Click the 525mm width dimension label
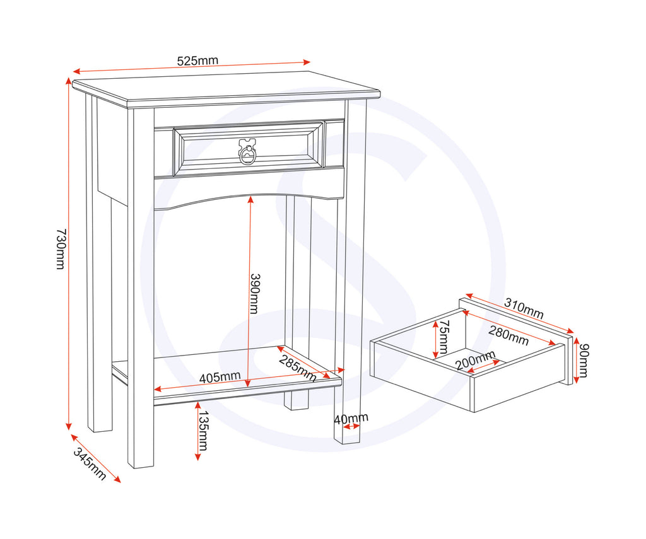click(197, 61)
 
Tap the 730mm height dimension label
click(61, 249)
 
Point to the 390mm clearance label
click(254, 293)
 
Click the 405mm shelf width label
click(220, 377)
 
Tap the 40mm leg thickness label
click(351, 418)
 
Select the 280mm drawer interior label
click(508, 335)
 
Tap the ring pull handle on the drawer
click(248, 152)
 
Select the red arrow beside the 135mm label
click(197, 432)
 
